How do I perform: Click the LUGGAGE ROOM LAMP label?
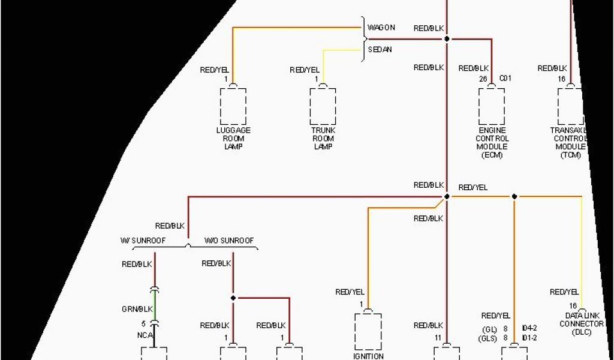(233, 138)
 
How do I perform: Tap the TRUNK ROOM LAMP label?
(323, 138)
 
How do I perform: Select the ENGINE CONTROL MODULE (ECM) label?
(492, 142)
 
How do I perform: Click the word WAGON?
(381, 28)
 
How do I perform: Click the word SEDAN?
(380, 50)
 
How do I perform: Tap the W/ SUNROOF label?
(143, 241)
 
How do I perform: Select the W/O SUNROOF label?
(229, 241)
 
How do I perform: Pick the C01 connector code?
(505, 78)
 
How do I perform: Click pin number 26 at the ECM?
(483, 78)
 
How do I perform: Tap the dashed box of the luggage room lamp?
(233, 106)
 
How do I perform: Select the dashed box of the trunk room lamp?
(323, 106)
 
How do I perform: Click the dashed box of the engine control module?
(492, 106)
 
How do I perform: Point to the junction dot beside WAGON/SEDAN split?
(446, 39)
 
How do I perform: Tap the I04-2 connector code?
(529, 329)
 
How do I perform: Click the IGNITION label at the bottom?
(369, 356)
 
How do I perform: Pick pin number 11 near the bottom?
(438, 338)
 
